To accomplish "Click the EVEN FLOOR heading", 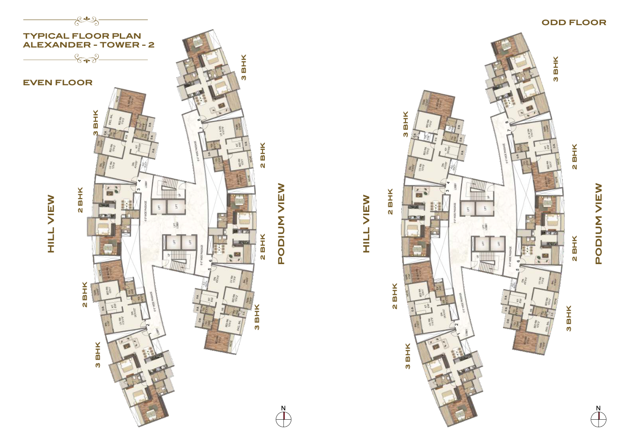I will pos(58,82).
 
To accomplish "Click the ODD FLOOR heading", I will pos(574,22).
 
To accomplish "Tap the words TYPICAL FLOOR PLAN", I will pos(82,36).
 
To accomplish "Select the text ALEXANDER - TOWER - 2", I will pos(89,45).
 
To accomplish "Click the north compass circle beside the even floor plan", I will pos(283,420).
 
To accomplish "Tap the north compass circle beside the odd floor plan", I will pos(599,420).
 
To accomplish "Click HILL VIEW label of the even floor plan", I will pos(51,224).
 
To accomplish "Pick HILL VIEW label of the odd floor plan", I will pos(366,224).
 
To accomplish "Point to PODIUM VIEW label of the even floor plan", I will pos(281,224).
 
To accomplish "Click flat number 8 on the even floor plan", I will pos(199,120).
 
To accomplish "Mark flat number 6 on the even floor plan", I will pos(211,261).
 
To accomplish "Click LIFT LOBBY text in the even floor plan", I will pos(178,225).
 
